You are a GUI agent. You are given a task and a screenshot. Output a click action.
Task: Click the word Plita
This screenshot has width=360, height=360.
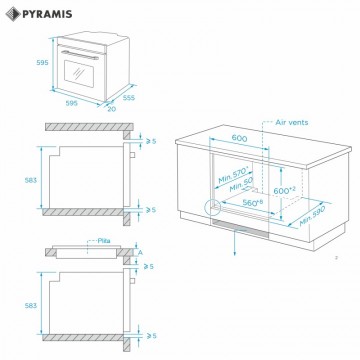[104, 240]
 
